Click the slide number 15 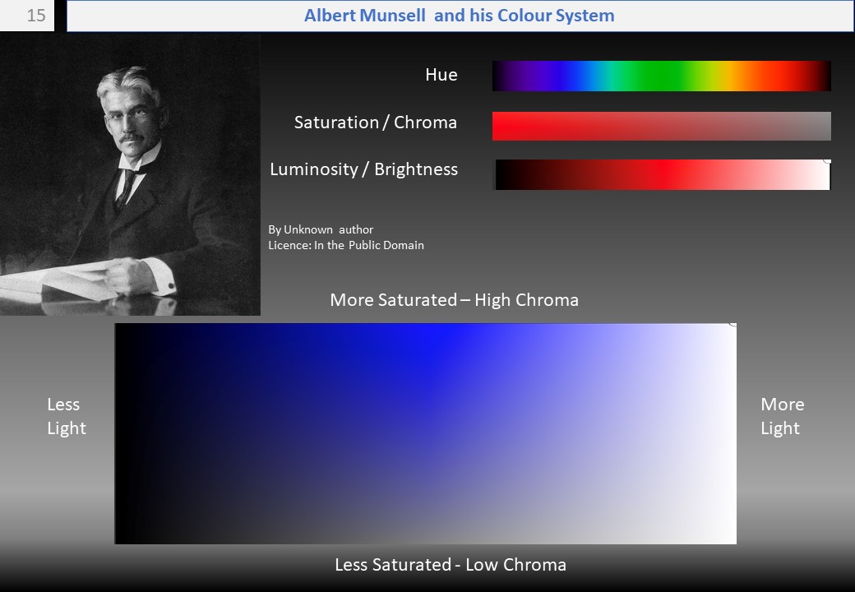click(36, 16)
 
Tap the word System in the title click(585, 16)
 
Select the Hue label click(441, 75)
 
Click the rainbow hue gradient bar click(662, 76)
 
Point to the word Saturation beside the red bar click(336, 123)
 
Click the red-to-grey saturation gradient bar click(662, 126)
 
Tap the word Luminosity click(313, 169)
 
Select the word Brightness click(416, 169)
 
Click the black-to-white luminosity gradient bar click(663, 174)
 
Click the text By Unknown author click(321, 229)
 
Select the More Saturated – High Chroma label click(454, 300)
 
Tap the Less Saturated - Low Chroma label click(451, 565)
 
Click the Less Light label click(66, 416)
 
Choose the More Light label click(782, 416)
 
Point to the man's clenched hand click(126, 275)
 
